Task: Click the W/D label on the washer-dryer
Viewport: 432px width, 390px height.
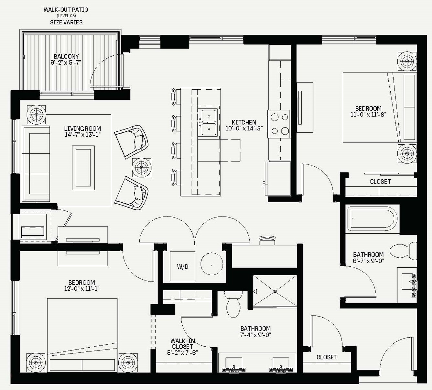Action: click(183, 267)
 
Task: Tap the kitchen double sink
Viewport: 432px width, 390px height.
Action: click(208, 122)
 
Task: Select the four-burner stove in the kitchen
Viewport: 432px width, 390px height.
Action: click(279, 124)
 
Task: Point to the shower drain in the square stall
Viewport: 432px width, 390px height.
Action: click(275, 292)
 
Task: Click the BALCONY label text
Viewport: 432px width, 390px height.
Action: click(66, 57)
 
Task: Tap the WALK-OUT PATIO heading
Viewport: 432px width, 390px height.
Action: click(66, 10)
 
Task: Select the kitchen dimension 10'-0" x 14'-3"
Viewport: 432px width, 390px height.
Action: click(244, 128)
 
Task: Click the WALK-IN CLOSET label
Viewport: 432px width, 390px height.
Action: click(183, 344)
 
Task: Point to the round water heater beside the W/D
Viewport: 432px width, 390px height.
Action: click(212, 264)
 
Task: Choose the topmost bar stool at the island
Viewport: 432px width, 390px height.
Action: click(176, 97)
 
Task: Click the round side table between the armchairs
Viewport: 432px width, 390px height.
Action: click(142, 168)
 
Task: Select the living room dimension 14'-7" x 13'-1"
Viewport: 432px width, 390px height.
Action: click(83, 135)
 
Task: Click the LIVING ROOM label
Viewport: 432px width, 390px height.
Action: click(82, 129)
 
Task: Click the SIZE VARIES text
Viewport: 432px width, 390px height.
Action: click(66, 22)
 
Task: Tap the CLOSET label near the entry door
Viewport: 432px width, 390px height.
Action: click(327, 357)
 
